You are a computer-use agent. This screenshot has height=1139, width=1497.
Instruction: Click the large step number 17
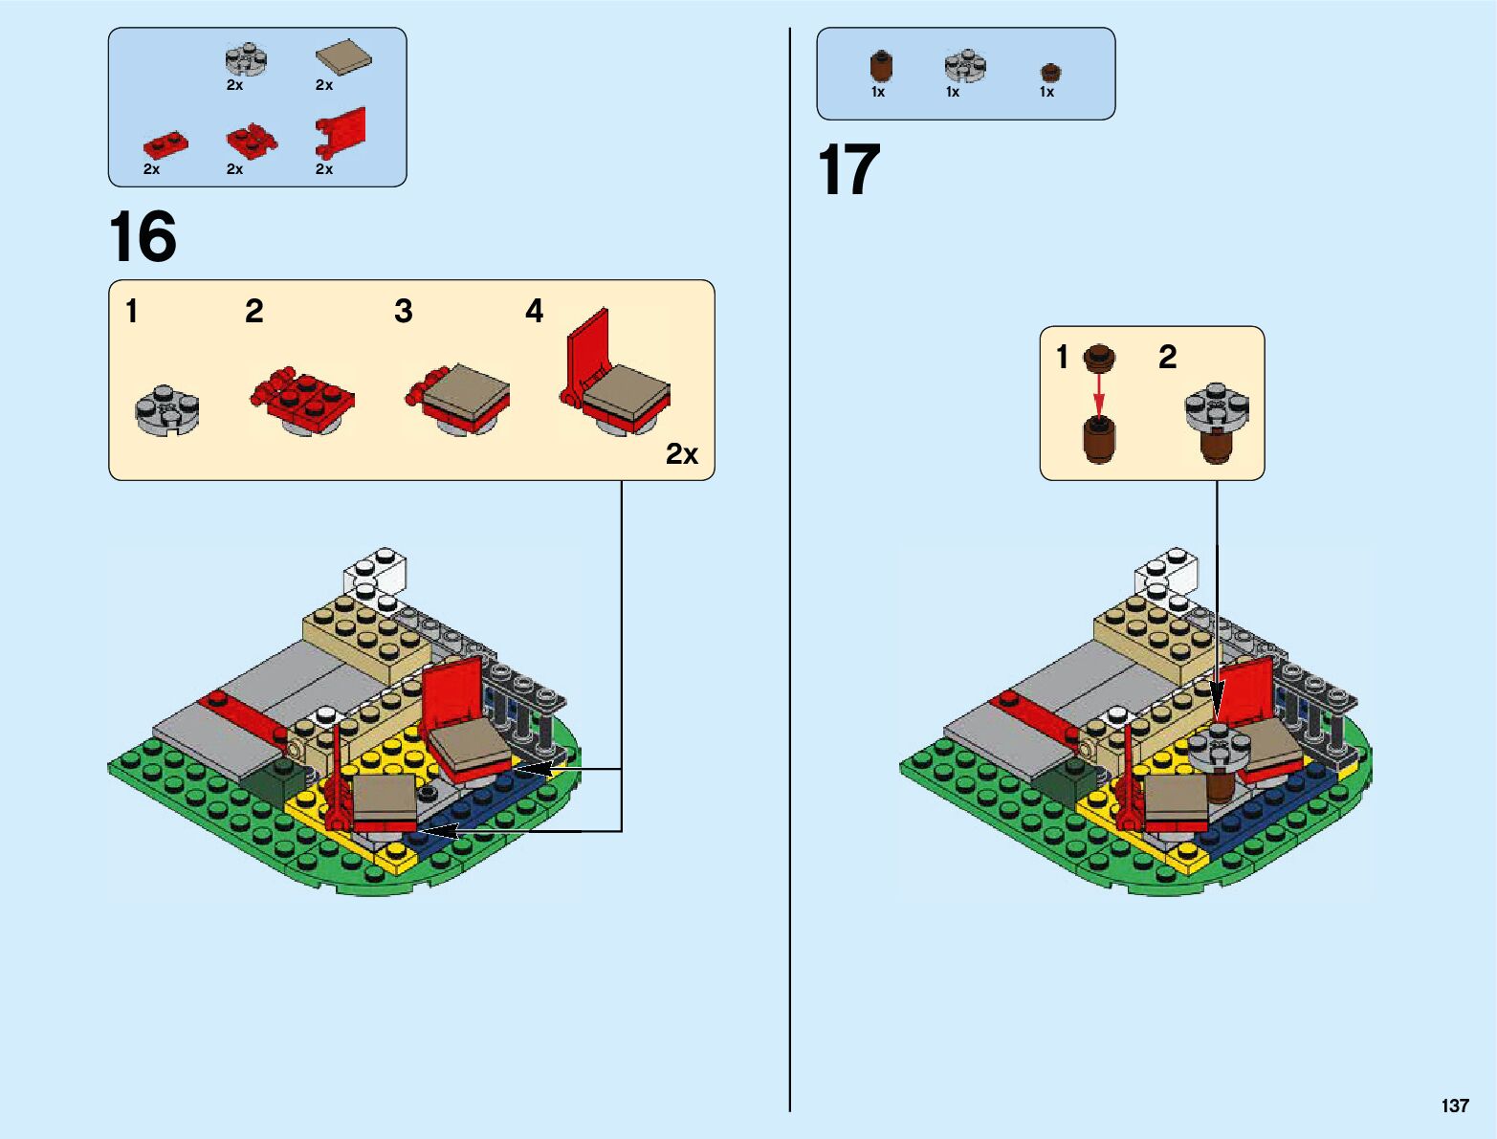pos(848,171)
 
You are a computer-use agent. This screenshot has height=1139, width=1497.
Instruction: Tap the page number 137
pos(1454,1106)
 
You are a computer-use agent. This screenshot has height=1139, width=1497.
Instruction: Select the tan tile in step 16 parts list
pos(343,58)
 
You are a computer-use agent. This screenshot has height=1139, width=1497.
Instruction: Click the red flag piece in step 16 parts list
pos(341,132)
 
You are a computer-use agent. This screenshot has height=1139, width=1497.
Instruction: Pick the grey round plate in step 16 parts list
pos(246,60)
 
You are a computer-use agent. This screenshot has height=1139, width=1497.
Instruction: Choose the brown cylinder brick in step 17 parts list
pos(881,67)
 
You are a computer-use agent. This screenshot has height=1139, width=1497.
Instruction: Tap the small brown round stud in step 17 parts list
pos(1050,72)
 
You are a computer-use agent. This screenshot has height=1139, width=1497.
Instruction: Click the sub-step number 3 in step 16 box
pos(403,311)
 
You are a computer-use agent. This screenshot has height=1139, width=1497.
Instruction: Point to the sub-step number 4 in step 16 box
pos(534,311)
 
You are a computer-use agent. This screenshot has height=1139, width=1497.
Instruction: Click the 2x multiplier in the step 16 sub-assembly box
pos(681,454)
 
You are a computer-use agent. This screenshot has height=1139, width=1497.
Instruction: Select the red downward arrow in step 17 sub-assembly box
pos(1099,392)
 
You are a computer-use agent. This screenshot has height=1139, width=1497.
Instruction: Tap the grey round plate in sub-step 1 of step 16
pos(167,410)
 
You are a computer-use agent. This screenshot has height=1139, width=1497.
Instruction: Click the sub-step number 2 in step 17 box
pos(1167,357)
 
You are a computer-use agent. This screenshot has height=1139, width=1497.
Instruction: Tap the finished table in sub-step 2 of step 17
pos(1216,421)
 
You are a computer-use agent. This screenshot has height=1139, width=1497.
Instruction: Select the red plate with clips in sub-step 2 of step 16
pos(302,397)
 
